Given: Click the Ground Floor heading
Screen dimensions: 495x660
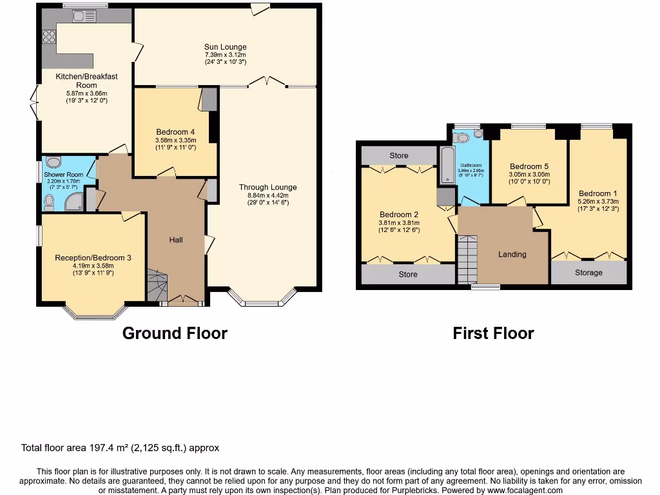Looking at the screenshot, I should [175, 333].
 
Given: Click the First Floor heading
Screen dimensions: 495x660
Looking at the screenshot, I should [493, 333].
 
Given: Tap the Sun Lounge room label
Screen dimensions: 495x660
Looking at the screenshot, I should [225, 47].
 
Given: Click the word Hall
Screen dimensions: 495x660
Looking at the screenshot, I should [176, 240].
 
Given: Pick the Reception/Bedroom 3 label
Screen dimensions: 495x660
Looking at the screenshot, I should [93, 258].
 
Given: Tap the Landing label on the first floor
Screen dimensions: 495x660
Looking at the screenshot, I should [512, 254].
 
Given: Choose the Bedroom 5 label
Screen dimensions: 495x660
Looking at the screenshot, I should [529, 165].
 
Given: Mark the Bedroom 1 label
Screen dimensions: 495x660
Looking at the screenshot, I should [597, 193].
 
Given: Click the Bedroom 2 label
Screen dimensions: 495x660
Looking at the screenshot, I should [399, 215].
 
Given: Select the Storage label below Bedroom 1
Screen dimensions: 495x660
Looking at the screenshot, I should [588, 273].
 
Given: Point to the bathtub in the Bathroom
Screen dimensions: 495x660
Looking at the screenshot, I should [446, 164].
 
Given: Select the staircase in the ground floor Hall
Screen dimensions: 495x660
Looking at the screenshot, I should [156, 284].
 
